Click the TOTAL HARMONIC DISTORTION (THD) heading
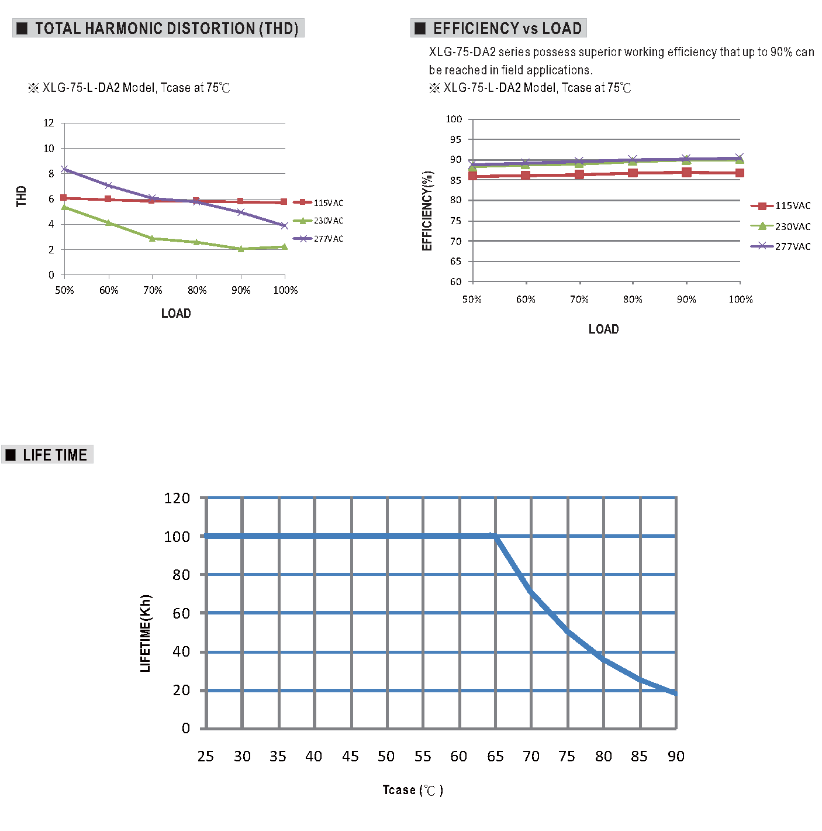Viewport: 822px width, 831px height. [x=166, y=28]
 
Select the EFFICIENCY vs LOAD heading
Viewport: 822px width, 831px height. [x=506, y=28]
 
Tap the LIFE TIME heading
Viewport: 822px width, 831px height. [x=54, y=455]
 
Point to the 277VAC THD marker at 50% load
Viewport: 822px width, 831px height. [x=65, y=169]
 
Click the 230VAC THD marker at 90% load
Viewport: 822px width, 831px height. [x=241, y=249]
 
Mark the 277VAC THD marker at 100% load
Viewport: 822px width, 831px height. [x=285, y=225]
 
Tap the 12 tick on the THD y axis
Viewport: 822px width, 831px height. [x=49, y=123]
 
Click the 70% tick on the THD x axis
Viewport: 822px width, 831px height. [x=153, y=290]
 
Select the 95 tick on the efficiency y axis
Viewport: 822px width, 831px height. [x=455, y=139]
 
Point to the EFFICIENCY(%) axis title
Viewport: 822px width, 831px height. [x=427, y=211]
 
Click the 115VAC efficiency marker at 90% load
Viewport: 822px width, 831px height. [x=686, y=172]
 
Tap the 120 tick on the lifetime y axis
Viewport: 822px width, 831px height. [x=177, y=498]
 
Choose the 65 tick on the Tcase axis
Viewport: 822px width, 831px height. [x=495, y=757]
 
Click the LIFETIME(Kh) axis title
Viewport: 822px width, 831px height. [x=146, y=633]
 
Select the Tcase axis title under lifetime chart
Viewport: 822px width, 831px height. [x=412, y=790]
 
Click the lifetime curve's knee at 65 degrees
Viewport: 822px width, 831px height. [x=495, y=536]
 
